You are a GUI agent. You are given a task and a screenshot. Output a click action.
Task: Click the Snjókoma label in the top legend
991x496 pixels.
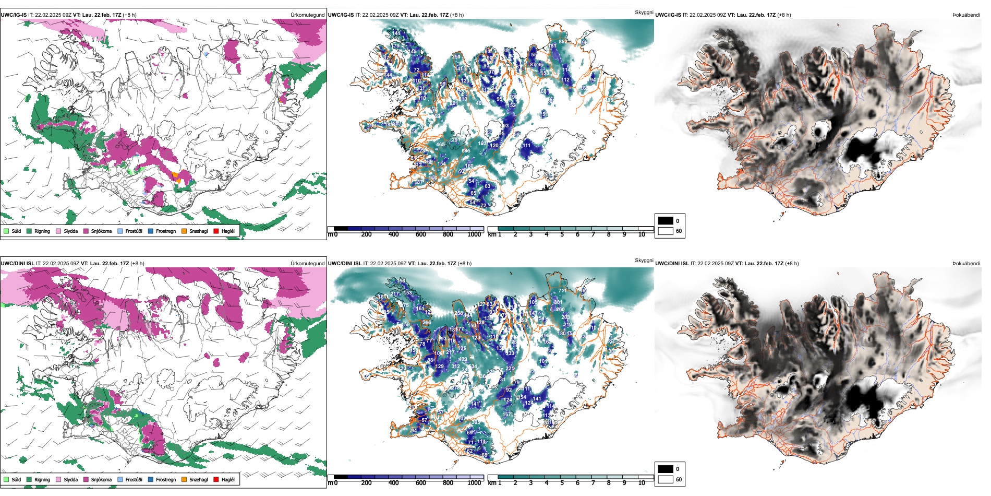pos(101,231)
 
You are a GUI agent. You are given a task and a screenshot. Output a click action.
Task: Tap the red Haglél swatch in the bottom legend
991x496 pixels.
pos(216,479)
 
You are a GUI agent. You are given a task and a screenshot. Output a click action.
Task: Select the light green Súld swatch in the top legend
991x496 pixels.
pos(6,231)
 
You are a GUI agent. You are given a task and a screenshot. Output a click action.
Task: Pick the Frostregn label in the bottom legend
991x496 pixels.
pos(166,480)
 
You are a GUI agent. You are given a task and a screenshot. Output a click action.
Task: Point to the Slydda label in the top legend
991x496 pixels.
pos(70,231)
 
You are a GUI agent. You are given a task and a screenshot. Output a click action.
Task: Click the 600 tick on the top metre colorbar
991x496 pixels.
pos(421,235)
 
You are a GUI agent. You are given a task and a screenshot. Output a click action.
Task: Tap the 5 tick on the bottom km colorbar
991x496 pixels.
pos(562,483)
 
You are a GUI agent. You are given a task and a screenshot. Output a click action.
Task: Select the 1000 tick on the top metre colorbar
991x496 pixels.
pos(474,235)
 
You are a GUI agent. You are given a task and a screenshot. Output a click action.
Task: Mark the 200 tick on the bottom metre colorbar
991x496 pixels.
pos(366,483)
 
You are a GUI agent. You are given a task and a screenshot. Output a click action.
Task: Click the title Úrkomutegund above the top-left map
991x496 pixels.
pos(307,15)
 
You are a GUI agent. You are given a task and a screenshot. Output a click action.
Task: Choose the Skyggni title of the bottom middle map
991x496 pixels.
pos(644,261)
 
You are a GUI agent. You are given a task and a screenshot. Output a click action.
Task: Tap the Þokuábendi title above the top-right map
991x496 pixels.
pos(966,15)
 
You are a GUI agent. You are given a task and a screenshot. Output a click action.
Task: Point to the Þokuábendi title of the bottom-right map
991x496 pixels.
pos(966,264)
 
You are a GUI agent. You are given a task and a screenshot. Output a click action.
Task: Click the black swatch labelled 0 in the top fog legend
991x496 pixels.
pos(666,221)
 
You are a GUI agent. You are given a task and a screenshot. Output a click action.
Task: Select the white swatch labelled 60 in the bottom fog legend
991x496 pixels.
pos(666,479)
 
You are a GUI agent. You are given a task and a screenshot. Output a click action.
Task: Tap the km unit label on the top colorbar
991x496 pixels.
pos(491,235)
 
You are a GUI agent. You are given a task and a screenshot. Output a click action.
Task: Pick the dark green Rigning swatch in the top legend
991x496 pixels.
pos(29,231)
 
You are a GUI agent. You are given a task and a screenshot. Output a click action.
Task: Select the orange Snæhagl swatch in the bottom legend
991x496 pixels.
pos(184,479)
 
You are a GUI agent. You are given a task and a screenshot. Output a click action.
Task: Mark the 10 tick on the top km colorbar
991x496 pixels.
pos(642,235)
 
